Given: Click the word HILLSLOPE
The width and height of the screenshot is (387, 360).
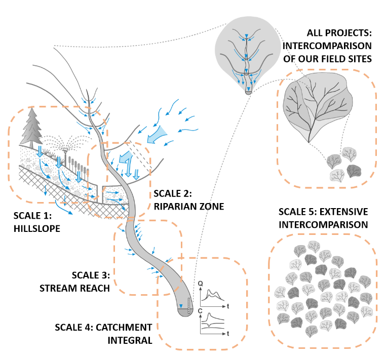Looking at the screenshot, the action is [x=37, y=229].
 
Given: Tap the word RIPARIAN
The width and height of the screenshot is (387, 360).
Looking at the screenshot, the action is [x=175, y=207].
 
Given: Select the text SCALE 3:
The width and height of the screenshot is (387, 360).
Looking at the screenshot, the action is [x=91, y=275].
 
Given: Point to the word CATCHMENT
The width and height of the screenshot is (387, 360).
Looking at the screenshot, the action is [x=124, y=328].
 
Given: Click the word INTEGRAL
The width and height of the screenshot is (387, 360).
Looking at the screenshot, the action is [x=130, y=341].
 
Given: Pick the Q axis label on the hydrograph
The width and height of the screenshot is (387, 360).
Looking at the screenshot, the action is [x=201, y=284].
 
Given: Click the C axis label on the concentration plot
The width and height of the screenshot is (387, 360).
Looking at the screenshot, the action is [x=200, y=311].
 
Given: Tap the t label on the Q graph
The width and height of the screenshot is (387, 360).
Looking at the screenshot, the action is [x=228, y=306].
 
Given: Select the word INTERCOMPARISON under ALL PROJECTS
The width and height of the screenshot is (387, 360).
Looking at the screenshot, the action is [x=327, y=46].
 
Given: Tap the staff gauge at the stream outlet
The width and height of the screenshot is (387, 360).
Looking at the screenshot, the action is [x=189, y=306].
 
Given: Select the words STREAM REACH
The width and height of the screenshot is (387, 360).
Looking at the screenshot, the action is [x=74, y=289].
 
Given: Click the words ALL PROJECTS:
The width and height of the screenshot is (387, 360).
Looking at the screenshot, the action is [x=339, y=33].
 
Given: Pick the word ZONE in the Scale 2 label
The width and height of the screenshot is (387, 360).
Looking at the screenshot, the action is [x=212, y=207].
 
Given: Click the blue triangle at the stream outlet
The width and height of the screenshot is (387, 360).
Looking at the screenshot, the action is [x=181, y=306].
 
